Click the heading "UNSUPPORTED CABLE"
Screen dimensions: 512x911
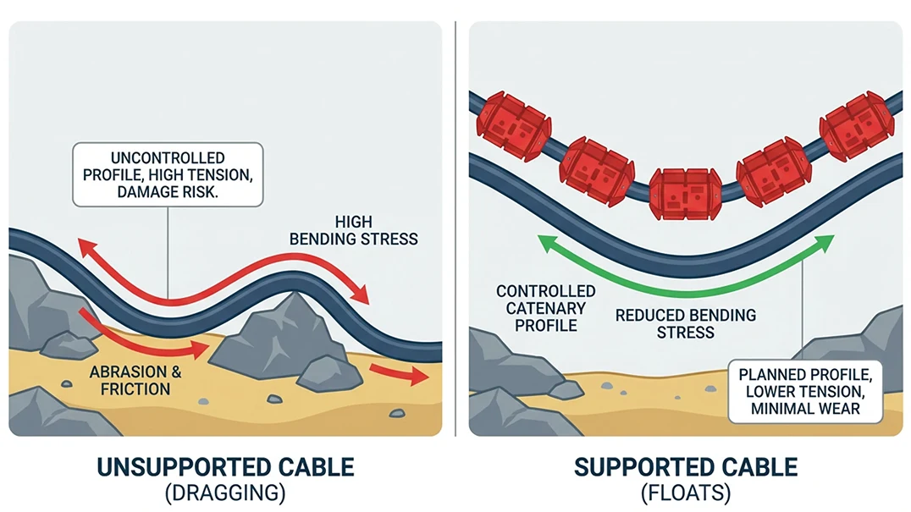click(224, 467)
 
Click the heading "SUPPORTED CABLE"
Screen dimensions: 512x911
click(686, 467)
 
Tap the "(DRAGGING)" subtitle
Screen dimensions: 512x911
click(224, 493)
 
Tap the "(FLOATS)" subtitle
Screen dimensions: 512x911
click(686, 493)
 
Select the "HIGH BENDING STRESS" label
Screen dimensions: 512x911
click(354, 229)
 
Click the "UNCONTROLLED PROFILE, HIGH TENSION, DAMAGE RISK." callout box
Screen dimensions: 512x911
click(168, 174)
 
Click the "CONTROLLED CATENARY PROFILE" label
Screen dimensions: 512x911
click(545, 308)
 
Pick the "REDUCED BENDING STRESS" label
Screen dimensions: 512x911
click(685, 324)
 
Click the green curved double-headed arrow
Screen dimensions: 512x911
click(686, 284)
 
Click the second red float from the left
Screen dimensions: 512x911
click(596, 169)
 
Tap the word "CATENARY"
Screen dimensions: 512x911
click(545, 308)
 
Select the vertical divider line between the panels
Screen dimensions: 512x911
click(455, 228)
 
